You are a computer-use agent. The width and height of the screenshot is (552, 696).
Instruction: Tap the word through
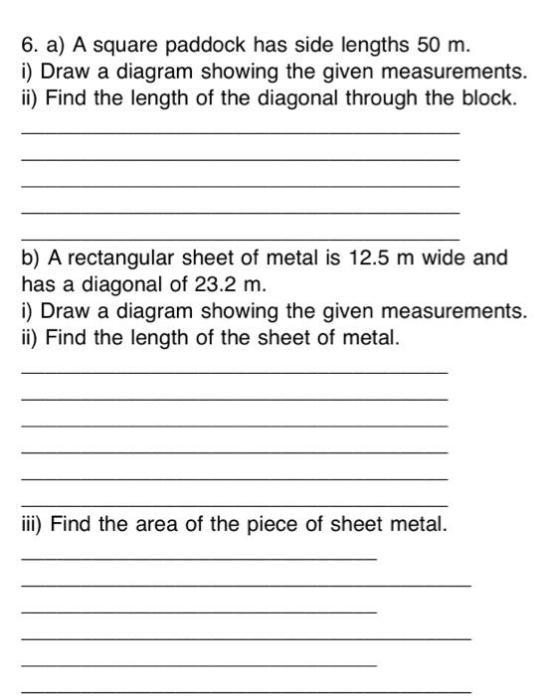click(x=388, y=98)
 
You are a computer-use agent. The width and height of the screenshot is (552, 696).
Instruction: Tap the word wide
click(x=443, y=259)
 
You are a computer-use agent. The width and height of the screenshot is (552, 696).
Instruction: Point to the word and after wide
click(x=490, y=259)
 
